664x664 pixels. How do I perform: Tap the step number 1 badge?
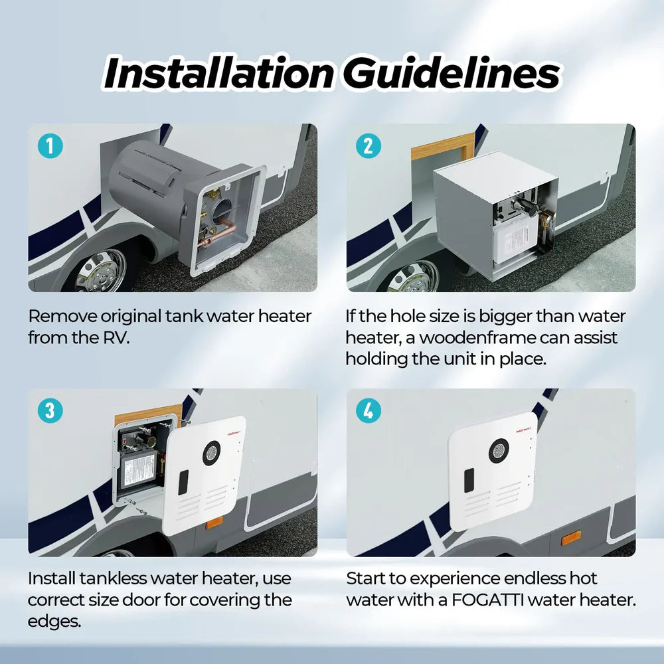coord(50,146)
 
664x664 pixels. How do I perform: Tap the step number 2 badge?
coord(369,146)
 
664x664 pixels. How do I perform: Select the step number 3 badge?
coord(50,411)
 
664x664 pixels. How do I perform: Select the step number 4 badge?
coord(369,411)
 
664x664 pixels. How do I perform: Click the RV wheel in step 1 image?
coord(100,273)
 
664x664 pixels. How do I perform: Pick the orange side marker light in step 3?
coord(214,523)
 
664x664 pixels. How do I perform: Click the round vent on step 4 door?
coord(499,451)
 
